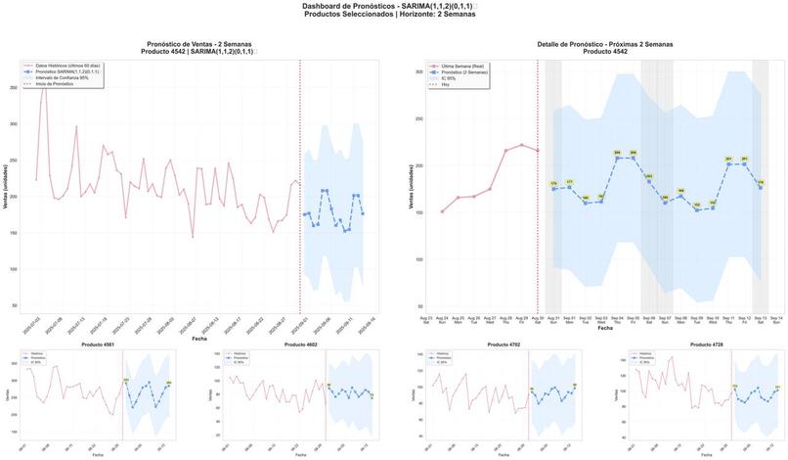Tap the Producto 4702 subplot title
click(502, 345)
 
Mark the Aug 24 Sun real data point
click(442, 211)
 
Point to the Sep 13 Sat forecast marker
click(761, 187)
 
